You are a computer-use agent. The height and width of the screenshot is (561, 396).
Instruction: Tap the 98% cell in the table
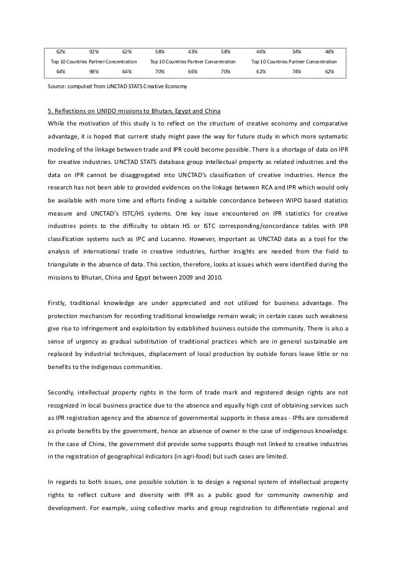(94, 72)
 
